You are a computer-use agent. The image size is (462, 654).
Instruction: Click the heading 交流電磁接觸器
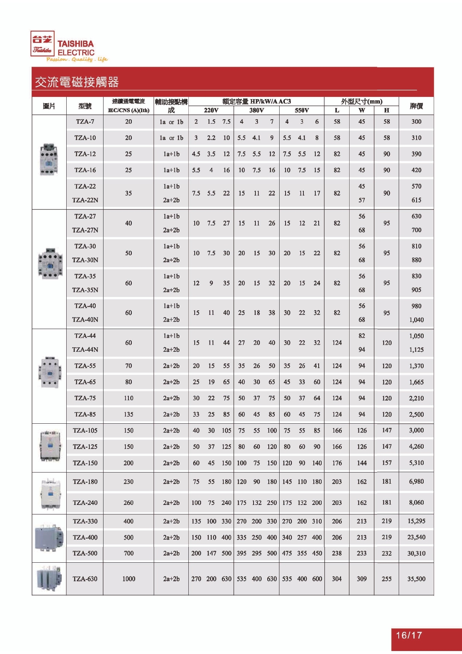point(77,82)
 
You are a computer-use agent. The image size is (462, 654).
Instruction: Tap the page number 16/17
point(409,635)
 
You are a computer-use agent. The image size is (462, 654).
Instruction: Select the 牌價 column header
point(416,106)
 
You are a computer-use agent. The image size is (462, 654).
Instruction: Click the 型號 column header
point(85,106)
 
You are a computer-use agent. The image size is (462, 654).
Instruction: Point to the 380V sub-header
point(257,110)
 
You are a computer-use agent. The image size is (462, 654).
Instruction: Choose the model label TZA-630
point(85,579)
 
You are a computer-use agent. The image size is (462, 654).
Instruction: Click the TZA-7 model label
point(85,121)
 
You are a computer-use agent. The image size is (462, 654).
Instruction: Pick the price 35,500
point(416,579)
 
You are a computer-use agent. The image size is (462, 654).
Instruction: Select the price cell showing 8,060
point(416,502)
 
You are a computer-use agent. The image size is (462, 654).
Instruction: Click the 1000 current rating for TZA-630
point(128,579)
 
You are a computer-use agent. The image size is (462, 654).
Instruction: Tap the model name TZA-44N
point(85,350)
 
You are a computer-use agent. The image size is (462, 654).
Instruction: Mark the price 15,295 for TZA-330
point(416,521)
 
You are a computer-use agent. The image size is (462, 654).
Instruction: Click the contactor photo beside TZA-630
point(49,579)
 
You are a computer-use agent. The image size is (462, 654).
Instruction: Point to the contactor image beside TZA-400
point(49,538)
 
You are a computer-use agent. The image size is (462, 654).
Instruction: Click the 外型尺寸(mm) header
point(361,101)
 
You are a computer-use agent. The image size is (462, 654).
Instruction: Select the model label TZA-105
point(85,430)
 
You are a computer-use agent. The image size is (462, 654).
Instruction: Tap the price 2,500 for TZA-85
point(416,414)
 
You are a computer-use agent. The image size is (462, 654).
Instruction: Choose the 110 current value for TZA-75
point(128,398)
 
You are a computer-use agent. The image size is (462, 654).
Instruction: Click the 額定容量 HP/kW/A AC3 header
point(257,101)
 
